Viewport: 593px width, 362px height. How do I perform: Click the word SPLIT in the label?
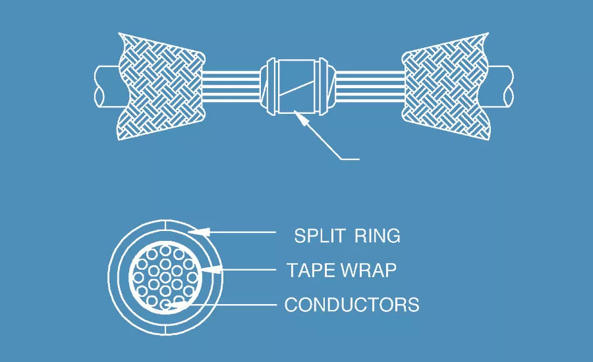(x=319, y=236)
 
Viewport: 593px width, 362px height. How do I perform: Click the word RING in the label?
(x=378, y=236)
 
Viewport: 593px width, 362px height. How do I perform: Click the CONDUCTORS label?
(x=352, y=305)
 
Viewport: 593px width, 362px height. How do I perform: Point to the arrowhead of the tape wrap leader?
(x=211, y=269)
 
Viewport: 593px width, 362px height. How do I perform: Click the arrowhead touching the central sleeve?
(x=301, y=116)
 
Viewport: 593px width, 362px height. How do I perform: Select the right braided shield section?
(x=445, y=86)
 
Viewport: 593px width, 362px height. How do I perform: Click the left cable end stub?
(x=106, y=86)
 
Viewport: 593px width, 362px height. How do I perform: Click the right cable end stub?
(x=501, y=86)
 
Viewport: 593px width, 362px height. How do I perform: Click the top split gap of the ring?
(x=165, y=225)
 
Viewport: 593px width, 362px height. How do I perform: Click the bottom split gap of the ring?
(x=165, y=330)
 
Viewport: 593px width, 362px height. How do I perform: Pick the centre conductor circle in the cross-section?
(x=165, y=278)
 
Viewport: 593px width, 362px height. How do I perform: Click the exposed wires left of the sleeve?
(x=231, y=86)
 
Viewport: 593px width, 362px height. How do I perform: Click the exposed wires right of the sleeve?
(x=370, y=86)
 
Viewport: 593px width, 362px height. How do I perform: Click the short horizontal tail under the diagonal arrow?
(x=350, y=159)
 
